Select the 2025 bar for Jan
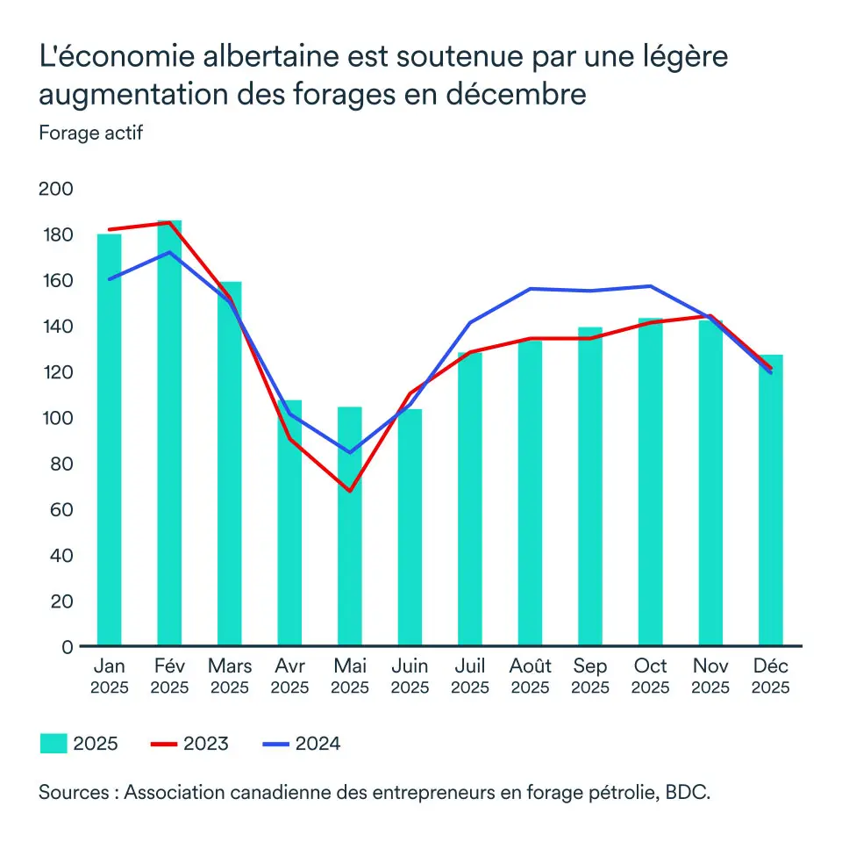[x=109, y=439]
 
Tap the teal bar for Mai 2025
[x=350, y=527]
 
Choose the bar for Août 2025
[x=530, y=493]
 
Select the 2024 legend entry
[x=302, y=744]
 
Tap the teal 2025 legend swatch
[x=54, y=744]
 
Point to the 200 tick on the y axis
[x=57, y=189]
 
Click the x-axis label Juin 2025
[x=410, y=676]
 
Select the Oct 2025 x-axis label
[x=651, y=676]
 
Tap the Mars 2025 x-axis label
[x=230, y=676]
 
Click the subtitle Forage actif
[x=90, y=133]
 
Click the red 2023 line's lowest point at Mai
[x=350, y=491]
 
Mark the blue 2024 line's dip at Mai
[x=350, y=452]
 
